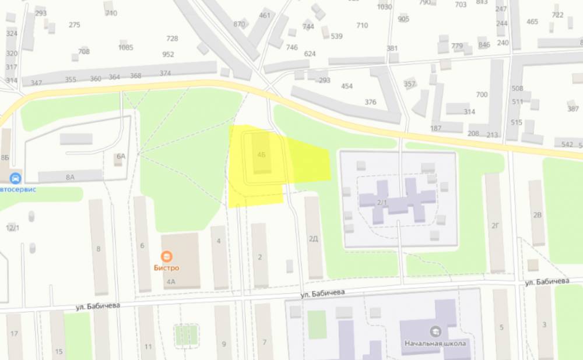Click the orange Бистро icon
(167, 256)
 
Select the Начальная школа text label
(436, 343)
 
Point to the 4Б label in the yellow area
(261, 155)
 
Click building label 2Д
(314, 238)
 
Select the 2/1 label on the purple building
(382, 202)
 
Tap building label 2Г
(496, 225)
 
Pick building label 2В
(537, 214)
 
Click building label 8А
(70, 177)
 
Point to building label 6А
(121, 156)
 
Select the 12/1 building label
(12, 227)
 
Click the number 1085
(125, 47)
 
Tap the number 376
(370, 102)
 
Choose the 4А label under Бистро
(171, 282)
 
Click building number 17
(14, 334)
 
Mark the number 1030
(384, 7)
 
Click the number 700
(482, 94)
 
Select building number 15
(58, 351)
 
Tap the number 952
(168, 55)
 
